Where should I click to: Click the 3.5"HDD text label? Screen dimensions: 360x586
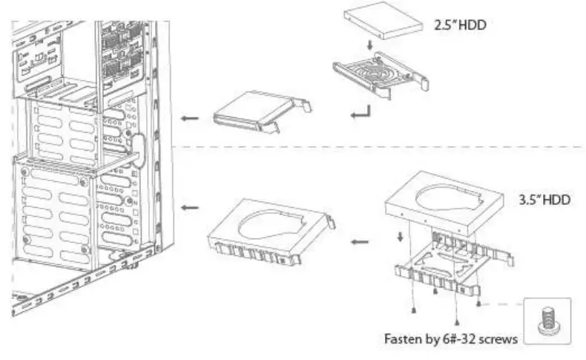tap(541, 200)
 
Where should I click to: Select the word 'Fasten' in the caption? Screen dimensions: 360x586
tap(401, 338)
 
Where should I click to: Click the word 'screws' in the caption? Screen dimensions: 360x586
tap(498, 338)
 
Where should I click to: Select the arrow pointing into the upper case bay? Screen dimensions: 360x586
tap(191, 118)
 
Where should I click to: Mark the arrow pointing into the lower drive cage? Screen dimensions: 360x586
tap(191, 207)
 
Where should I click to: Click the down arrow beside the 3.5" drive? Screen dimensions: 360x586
tap(401, 236)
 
